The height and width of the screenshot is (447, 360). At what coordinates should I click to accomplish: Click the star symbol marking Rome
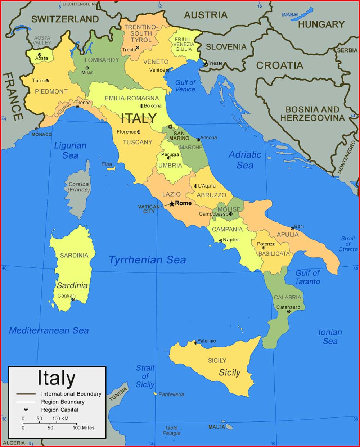tap(172, 204)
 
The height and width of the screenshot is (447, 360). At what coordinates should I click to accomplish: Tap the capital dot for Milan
tap(87, 68)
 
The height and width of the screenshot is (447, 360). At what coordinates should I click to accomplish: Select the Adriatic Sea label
tap(245, 160)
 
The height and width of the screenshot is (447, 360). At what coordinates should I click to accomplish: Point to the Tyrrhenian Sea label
tap(147, 260)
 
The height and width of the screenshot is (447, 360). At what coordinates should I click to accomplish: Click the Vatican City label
tap(149, 209)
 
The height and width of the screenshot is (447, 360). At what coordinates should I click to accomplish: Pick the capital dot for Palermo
tap(196, 343)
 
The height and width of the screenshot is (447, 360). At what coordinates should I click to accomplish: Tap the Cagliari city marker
tap(73, 299)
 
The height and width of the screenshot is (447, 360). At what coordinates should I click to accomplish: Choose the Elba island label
tap(107, 164)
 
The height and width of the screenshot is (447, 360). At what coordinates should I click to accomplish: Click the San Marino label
tap(179, 136)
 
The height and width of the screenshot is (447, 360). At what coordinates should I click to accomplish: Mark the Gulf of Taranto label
tap(307, 277)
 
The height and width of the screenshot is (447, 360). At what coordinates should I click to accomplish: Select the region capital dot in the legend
tap(26, 410)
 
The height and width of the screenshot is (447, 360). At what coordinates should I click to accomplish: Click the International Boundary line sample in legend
tap(26, 394)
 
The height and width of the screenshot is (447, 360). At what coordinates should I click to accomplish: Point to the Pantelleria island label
tap(171, 394)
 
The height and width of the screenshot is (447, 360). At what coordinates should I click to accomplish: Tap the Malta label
tap(217, 427)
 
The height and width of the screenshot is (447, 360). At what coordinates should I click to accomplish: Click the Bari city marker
tap(292, 228)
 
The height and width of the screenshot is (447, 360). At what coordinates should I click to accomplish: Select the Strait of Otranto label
tap(348, 244)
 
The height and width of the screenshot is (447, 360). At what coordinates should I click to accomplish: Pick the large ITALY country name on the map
tap(139, 118)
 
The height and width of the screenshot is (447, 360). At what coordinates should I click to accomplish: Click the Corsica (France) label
tap(78, 187)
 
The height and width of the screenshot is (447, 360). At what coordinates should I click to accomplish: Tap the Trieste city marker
tap(205, 63)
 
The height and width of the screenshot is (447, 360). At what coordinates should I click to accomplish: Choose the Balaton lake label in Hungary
tap(290, 15)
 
